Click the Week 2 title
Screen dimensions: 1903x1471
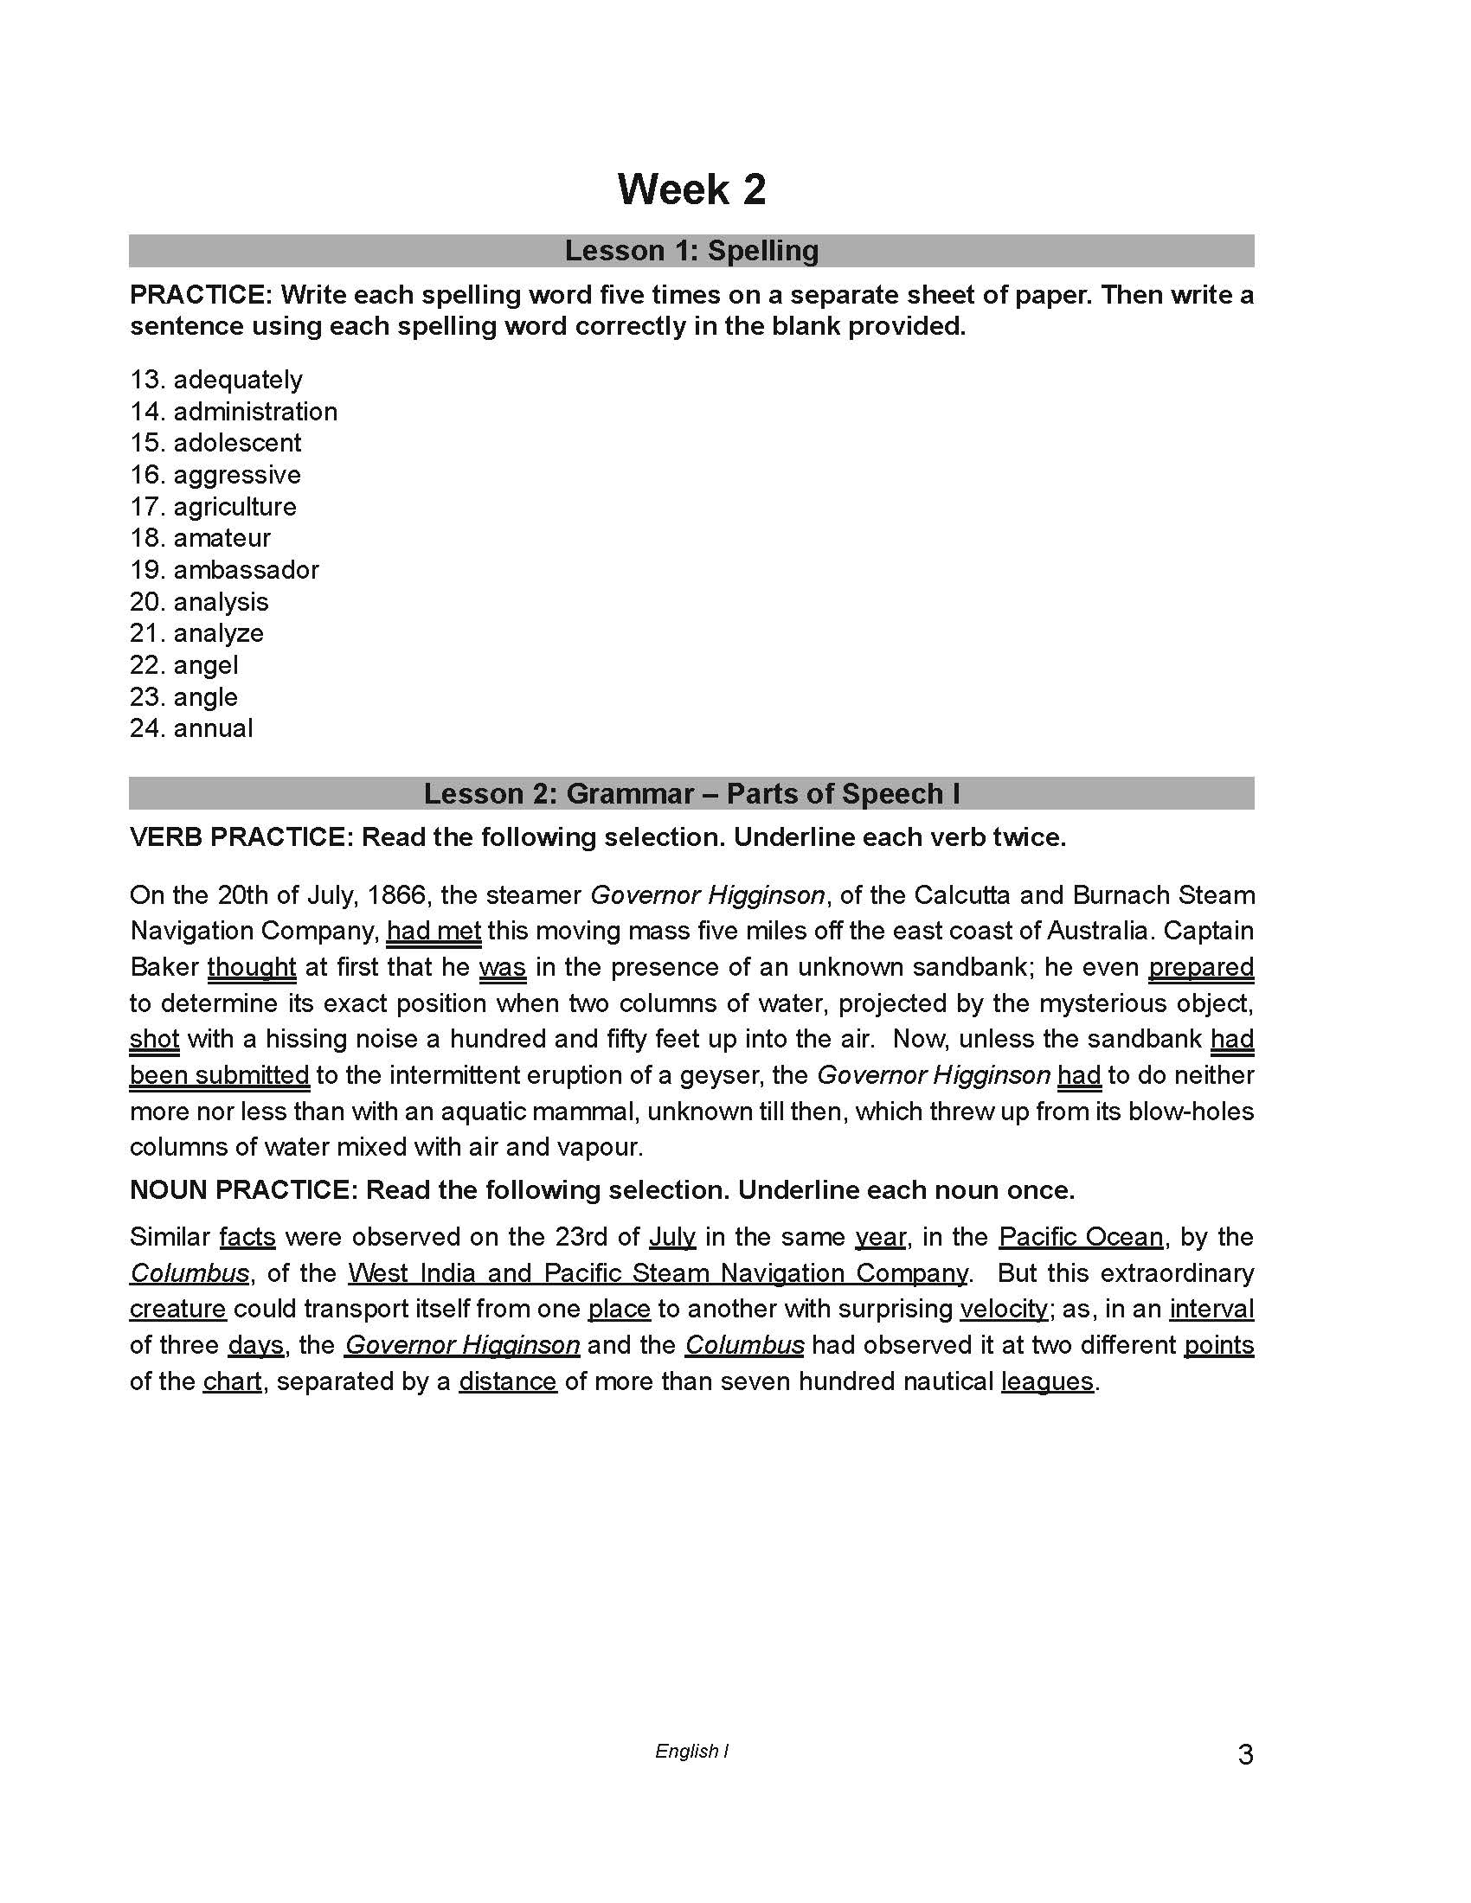coord(691,189)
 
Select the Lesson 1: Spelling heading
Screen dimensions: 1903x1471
coord(691,251)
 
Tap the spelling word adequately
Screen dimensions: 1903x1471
coord(237,380)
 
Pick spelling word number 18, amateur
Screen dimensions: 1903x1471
coord(222,538)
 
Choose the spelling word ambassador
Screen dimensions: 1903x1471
coord(246,570)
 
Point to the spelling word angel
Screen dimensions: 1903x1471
coord(206,665)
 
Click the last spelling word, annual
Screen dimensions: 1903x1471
coord(213,728)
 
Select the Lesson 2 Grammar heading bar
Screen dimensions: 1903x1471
coord(691,794)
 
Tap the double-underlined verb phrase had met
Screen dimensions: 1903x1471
coord(434,932)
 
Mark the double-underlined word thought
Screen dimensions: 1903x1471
coord(252,967)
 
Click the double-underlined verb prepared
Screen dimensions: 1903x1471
coord(1201,967)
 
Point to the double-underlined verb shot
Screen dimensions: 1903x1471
coord(154,1039)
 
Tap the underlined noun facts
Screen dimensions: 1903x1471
coord(247,1237)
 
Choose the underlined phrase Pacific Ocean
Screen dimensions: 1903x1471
coord(1081,1237)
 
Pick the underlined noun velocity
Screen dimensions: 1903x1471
coord(1004,1309)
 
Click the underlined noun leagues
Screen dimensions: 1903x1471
coord(1047,1381)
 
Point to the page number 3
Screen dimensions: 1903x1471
coord(1245,1754)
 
